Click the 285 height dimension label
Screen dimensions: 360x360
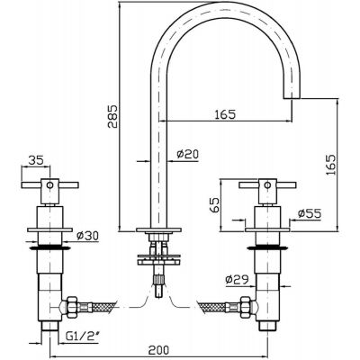click(x=112, y=116)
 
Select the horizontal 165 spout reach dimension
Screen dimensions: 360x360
click(x=225, y=114)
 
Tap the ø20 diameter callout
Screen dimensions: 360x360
click(x=187, y=155)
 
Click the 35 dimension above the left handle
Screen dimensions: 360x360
click(x=36, y=160)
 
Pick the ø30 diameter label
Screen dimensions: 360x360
click(x=87, y=236)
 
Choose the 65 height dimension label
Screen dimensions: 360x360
click(x=214, y=205)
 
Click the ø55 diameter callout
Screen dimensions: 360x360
click(x=310, y=213)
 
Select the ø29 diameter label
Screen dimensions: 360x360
click(x=237, y=280)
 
